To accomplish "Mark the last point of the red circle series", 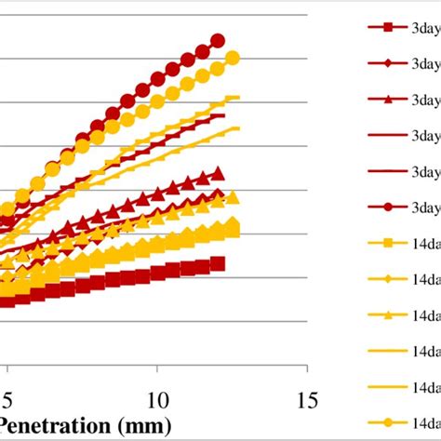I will coord(218,40).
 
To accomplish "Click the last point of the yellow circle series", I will coord(233,58).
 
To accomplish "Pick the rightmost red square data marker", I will coord(218,264).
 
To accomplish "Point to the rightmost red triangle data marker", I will coord(218,173).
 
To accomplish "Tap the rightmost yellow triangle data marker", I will coord(233,197).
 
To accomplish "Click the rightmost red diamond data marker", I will coord(219,194).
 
